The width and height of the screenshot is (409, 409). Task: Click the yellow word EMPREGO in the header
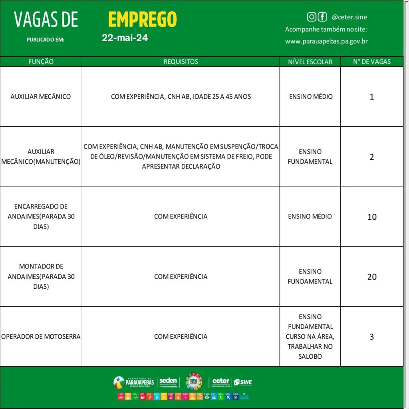pos(142,19)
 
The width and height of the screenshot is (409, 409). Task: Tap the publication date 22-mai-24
pos(125,38)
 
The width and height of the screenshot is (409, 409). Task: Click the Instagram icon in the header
pos(312,17)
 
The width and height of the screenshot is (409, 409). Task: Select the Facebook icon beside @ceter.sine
pos(322,17)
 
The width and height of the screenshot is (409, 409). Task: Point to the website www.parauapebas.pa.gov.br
pos(326,41)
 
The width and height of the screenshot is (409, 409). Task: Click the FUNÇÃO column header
pos(41,62)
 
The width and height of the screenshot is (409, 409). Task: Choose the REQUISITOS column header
pos(181,62)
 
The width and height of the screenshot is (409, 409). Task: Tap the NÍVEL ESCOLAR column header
pos(310,62)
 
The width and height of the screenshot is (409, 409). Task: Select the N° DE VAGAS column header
pos(372,62)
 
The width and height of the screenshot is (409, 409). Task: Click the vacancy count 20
pos(372,277)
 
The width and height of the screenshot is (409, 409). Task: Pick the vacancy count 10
pos(372,217)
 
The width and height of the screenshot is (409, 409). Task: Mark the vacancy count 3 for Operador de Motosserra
pos(372,337)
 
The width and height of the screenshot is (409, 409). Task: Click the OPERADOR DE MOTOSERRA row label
pos(41,337)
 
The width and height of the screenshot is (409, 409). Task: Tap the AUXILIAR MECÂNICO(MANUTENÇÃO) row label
pos(41,157)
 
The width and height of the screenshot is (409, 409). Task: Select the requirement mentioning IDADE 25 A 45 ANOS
pos(181,97)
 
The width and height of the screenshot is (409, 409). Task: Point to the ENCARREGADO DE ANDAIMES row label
pos(41,216)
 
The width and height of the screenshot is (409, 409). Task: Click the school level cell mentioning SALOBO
pos(310,337)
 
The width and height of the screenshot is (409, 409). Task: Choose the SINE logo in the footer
pos(242,382)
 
